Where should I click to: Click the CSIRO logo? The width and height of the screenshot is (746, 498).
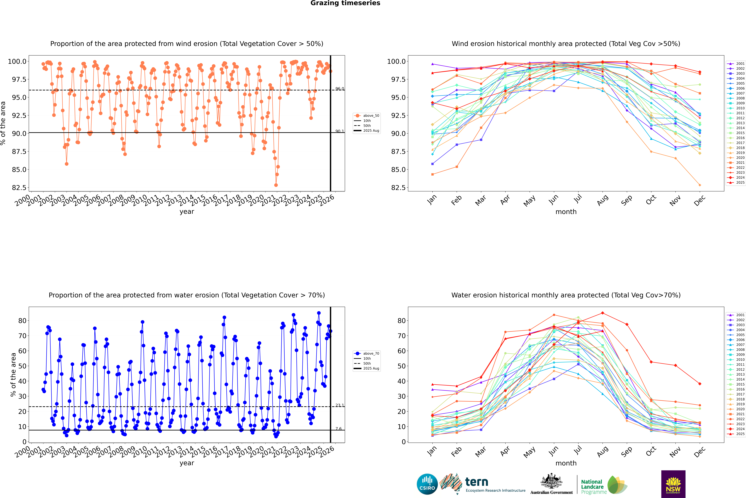click(x=427, y=484)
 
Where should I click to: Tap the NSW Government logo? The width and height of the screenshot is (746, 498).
click(x=673, y=484)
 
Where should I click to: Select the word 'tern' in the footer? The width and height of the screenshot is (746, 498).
click(x=476, y=482)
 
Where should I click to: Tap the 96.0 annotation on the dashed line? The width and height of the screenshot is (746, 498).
click(x=340, y=89)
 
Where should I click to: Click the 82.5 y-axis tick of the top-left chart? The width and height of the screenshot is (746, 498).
click(x=19, y=188)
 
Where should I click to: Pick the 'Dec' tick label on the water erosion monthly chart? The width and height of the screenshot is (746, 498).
click(x=700, y=452)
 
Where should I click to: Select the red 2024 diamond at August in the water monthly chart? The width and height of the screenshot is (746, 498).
click(x=602, y=313)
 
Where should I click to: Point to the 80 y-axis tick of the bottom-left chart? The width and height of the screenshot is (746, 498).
click(x=22, y=321)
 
